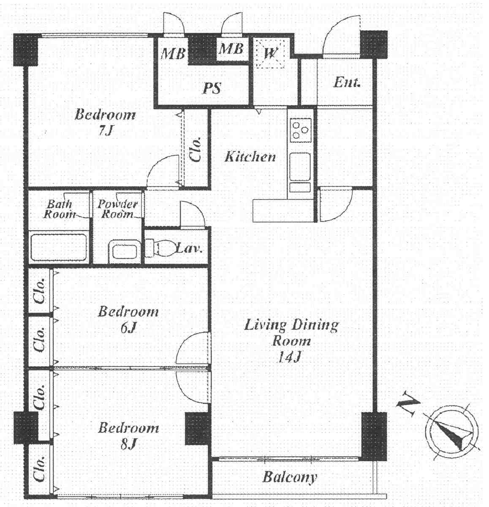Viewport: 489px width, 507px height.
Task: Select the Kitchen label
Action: [250, 157]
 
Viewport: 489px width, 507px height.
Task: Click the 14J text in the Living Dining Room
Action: [290, 358]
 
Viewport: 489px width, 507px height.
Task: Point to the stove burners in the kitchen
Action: [301, 129]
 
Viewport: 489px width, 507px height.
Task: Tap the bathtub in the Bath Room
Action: [59, 247]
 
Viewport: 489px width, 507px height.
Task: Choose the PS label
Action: [212, 88]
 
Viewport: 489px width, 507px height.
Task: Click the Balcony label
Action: [290, 477]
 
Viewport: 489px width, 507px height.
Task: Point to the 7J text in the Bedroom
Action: [106, 131]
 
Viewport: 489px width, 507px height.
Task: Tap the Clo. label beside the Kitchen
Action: [196, 150]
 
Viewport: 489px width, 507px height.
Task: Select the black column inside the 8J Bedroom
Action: [198, 428]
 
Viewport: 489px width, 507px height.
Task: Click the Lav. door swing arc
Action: [192, 214]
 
